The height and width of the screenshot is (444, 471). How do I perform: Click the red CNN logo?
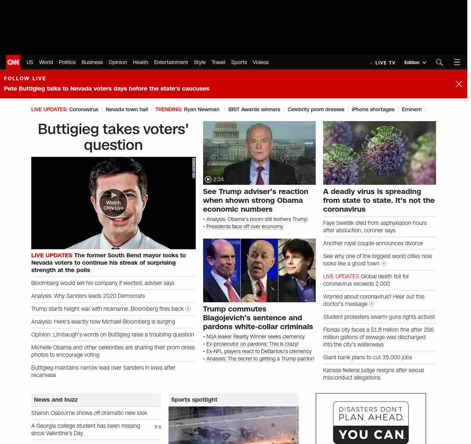point(13,62)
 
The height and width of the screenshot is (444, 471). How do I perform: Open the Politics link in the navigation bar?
point(67,62)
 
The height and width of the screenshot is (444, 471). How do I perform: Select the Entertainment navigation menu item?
point(171,62)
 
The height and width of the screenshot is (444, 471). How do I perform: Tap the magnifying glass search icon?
point(439,62)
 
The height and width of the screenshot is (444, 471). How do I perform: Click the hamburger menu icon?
point(457,62)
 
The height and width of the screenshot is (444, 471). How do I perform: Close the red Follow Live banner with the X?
point(458,84)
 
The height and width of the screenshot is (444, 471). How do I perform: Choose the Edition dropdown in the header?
point(415,63)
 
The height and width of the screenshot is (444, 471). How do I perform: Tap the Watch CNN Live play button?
point(113,202)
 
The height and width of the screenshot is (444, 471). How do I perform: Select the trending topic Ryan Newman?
point(202,109)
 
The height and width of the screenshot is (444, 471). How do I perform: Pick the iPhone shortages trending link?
point(373,109)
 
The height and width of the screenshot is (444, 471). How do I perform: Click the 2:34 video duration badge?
point(215,179)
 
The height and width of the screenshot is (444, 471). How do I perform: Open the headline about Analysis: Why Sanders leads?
point(88,296)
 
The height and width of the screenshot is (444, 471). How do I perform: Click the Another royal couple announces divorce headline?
point(373,243)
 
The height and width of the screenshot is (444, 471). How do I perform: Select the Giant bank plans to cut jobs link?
point(367,357)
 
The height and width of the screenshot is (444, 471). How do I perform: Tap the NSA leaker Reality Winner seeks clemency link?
point(255,336)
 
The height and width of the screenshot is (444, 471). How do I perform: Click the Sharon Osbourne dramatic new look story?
point(89,413)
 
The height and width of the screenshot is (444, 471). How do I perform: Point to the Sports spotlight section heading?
point(194,400)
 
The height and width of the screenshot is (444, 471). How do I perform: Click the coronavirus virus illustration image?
point(379,153)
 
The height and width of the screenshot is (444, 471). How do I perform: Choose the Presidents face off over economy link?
point(245,226)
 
